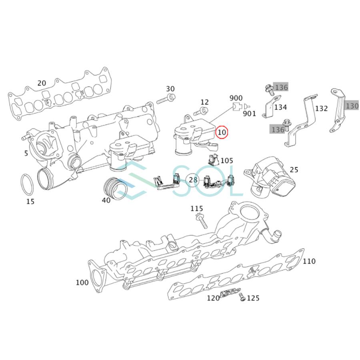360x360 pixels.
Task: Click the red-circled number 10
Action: (x=222, y=132)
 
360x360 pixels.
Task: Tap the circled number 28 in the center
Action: (x=193, y=180)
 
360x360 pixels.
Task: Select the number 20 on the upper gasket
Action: (x=42, y=83)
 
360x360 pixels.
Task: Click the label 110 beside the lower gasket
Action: (x=309, y=261)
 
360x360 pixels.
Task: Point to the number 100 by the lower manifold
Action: (x=82, y=283)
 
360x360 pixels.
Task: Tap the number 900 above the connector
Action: (x=236, y=98)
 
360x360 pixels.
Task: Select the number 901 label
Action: (x=250, y=113)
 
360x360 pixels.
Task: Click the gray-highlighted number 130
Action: (x=352, y=106)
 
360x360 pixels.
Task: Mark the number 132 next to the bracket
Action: (x=321, y=108)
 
